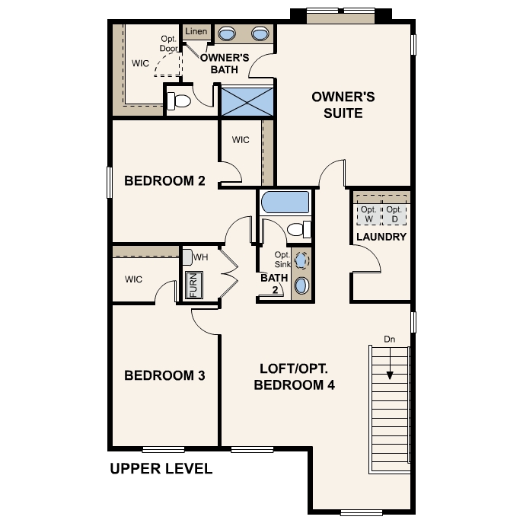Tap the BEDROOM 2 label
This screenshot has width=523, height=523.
(x=164, y=181)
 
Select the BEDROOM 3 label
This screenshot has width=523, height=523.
(x=164, y=375)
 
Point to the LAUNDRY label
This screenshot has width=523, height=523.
(x=381, y=237)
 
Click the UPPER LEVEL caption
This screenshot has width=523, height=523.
(x=161, y=468)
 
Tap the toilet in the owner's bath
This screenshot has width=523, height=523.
(x=179, y=100)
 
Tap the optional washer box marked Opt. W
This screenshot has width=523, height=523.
(x=368, y=214)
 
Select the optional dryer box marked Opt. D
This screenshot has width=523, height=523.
(x=394, y=214)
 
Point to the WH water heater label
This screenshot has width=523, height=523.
(x=200, y=257)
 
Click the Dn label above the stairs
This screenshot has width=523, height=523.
(x=390, y=339)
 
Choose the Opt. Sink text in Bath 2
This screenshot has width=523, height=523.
(x=282, y=260)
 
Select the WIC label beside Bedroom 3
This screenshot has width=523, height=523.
(x=133, y=279)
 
